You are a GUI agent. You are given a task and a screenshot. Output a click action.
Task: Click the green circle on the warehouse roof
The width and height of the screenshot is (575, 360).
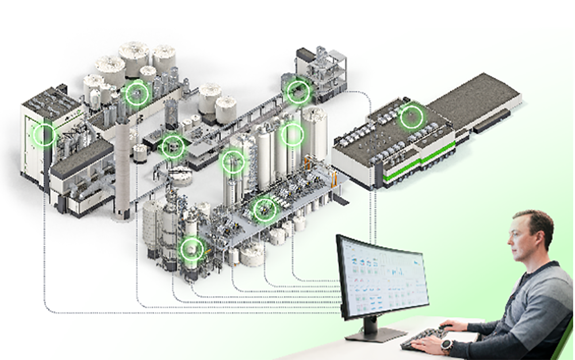(411, 117)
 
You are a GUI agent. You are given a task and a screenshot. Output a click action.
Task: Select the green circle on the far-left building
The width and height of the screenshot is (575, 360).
(44, 135)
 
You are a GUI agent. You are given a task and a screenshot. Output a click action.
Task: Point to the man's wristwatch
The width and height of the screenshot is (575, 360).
(446, 346)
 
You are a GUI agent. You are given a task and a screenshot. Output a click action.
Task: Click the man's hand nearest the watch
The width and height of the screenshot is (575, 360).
(428, 346)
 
